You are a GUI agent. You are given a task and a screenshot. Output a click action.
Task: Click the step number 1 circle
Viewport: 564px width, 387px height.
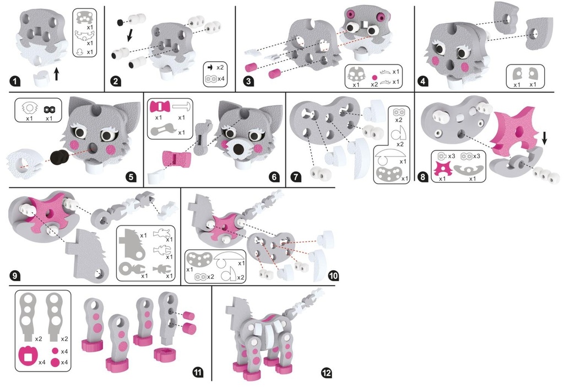14,82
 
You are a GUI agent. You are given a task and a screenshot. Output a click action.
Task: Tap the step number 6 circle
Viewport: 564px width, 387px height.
274,177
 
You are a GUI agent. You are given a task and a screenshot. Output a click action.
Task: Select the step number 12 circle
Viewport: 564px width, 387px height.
326,373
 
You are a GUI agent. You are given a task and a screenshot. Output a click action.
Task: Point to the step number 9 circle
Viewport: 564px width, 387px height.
15,276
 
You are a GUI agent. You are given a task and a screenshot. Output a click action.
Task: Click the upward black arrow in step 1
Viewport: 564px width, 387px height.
56,74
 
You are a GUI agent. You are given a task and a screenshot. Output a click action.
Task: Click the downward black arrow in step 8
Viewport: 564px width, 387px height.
544,138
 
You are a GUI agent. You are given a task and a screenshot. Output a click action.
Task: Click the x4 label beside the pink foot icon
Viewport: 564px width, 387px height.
42,362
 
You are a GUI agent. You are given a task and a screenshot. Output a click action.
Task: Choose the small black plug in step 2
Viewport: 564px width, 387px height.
120,23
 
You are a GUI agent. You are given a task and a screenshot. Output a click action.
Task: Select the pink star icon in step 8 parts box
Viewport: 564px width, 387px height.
442,168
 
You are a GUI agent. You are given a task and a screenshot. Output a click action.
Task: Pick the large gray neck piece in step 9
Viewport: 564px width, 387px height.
86,254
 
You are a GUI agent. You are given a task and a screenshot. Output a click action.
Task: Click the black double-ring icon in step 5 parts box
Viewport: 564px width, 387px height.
49,109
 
